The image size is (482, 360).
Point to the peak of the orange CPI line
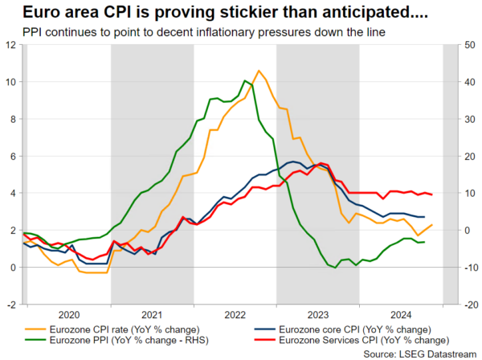click(x=258, y=71)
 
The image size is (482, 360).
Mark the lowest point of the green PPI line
click(x=335, y=268)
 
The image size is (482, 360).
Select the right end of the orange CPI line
click(x=433, y=225)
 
